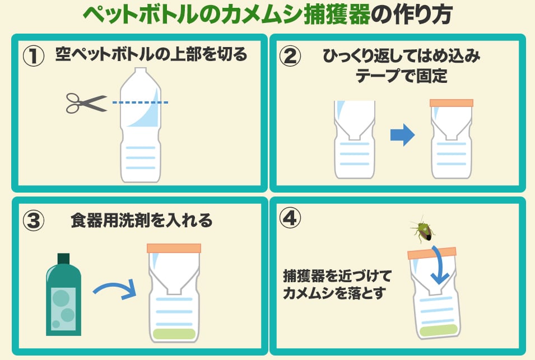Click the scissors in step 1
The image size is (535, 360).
click(x=87, y=103)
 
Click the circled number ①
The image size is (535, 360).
click(x=34, y=55)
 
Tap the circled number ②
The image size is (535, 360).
click(x=290, y=55)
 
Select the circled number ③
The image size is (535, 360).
click(x=34, y=221)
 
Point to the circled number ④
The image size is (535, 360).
click(x=290, y=218)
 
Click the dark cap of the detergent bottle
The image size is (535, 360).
click(x=63, y=259)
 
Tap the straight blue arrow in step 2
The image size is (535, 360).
click(x=403, y=135)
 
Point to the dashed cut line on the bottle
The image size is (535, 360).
click(x=140, y=102)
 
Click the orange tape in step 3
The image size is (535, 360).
click(x=174, y=248)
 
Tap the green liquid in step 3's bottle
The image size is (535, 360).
click(x=174, y=334)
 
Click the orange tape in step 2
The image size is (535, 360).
click(x=452, y=103)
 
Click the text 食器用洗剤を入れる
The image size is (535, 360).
click(x=142, y=221)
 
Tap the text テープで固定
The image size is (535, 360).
click(x=401, y=76)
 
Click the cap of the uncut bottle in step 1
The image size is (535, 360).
click(x=140, y=71)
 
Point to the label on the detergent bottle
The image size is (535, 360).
click(x=63, y=309)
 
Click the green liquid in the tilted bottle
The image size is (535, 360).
click(x=439, y=330)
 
